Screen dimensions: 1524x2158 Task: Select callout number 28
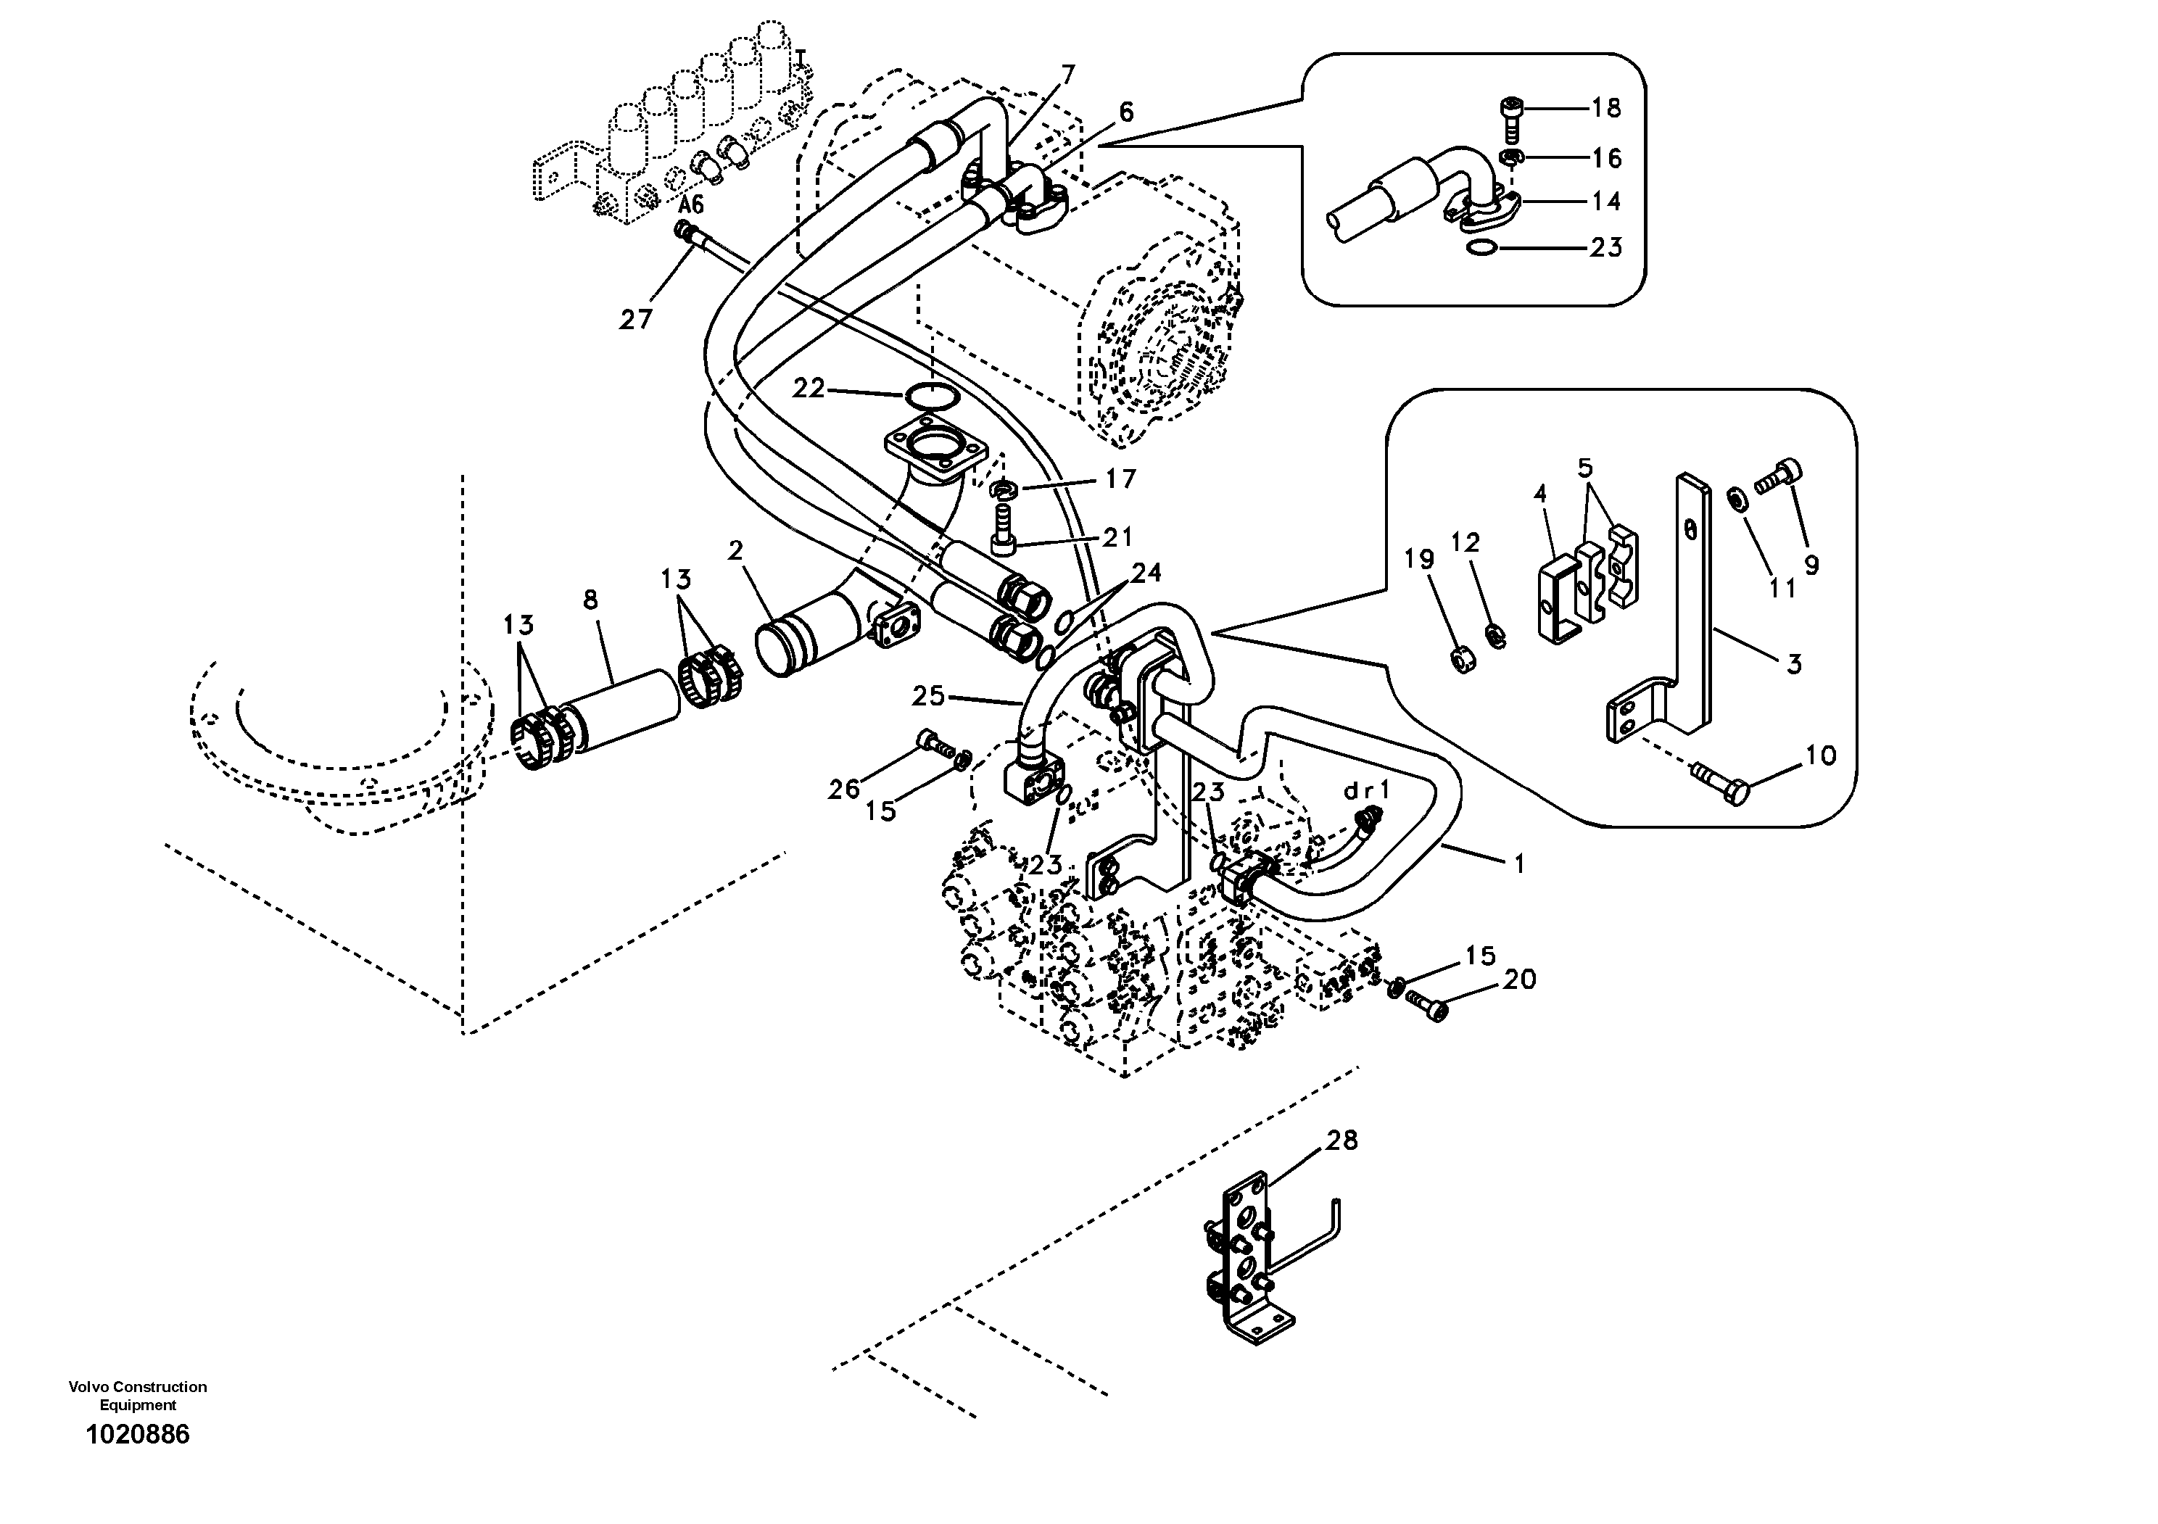[1342, 1140]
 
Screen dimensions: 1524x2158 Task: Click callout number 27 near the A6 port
[635, 320]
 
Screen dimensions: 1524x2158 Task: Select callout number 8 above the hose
[590, 600]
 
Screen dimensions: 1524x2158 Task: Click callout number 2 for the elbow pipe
[735, 550]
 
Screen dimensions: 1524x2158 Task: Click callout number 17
[1120, 479]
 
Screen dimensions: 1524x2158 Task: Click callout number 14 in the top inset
[1606, 201]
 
